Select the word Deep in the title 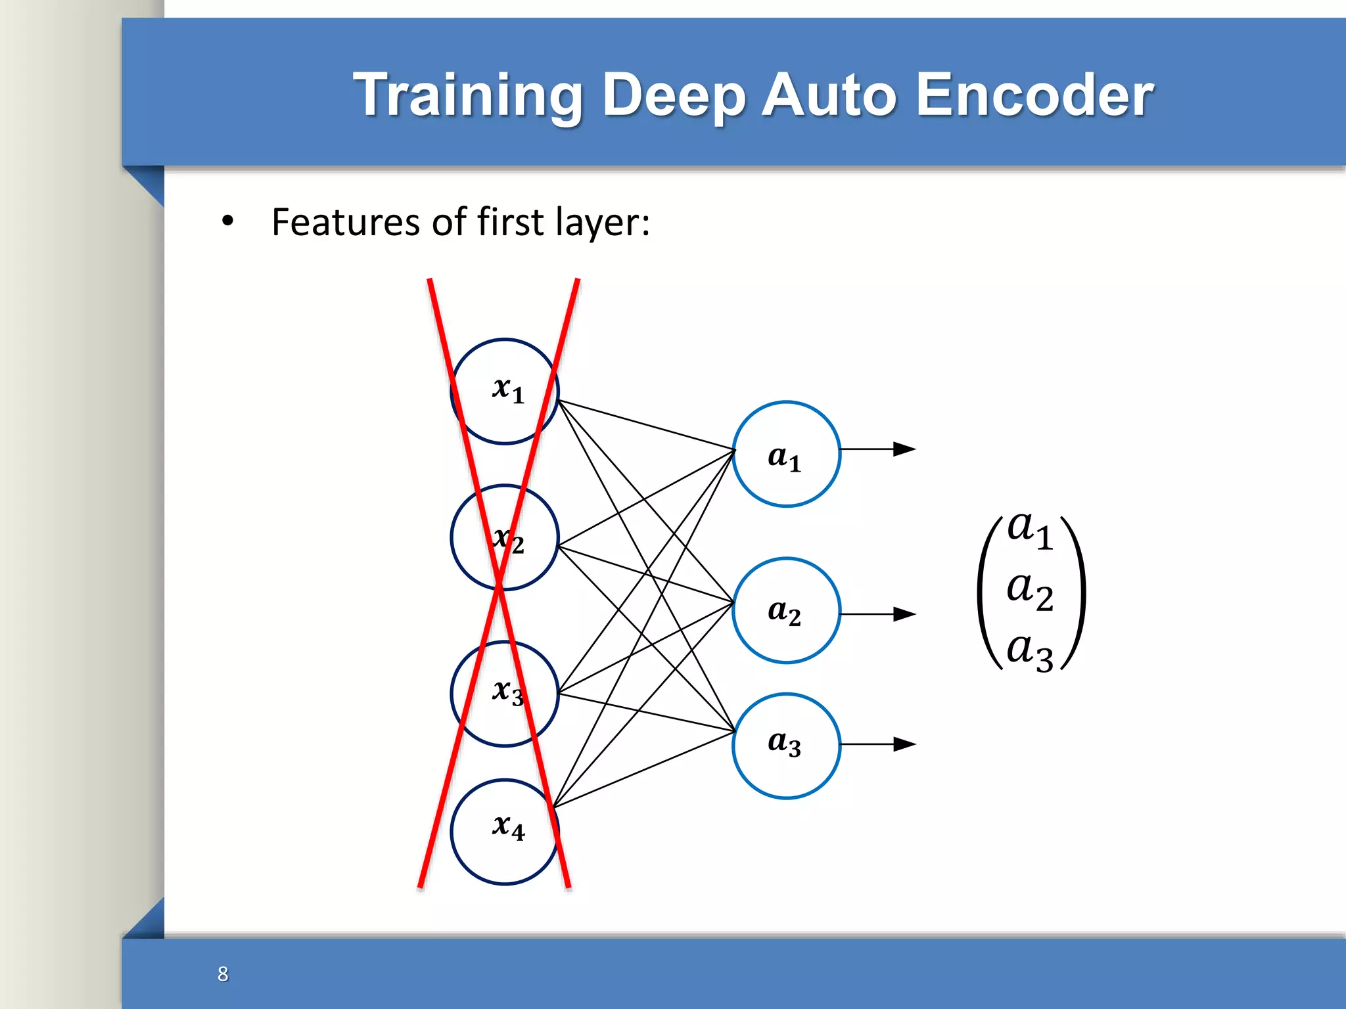click(x=673, y=96)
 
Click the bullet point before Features click(x=227, y=222)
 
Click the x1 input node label click(x=508, y=390)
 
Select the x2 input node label click(x=508, y=539)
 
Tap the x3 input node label click(x=508, y=692)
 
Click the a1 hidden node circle click(x=786, y=455)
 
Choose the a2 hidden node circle click(x=786, y=611)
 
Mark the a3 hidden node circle click(x=786, y=746)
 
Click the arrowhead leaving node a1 click(x=905, y=449)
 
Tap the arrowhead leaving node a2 click(x=905, y=614)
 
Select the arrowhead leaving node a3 click(x=905, y=744)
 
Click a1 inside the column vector click(x=1030, y=529)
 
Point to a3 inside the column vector click(x=1030, y=652)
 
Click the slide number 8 click(x=223, y=974)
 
